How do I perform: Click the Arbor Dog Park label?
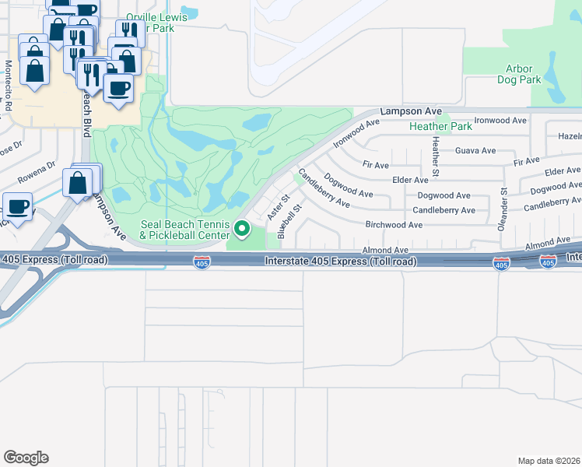click(519, 74)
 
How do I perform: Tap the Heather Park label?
click(440, 126)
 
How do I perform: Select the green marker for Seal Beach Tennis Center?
click(242, 229)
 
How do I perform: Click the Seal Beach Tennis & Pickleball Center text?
click(185, 230)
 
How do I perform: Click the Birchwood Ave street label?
click(394, 225)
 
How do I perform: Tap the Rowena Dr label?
click(37, 171)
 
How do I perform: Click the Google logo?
click(26, 458)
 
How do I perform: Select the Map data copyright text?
click(549, 461)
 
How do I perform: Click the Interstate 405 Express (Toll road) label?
click(340, 262)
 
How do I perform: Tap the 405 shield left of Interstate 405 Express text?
click(202, 264)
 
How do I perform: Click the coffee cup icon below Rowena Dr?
click(17, 207)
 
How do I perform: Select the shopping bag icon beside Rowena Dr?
click(79, 184)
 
